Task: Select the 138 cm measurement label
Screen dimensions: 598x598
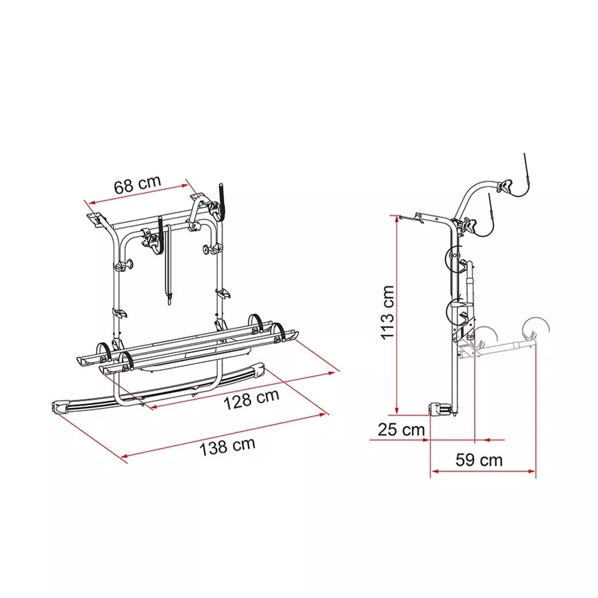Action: (227, 447)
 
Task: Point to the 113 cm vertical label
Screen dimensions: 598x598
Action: (387, 312)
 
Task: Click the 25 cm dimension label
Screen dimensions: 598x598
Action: (401, 430)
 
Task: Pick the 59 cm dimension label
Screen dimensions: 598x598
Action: (479, 460)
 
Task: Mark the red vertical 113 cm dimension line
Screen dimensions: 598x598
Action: (397, 315)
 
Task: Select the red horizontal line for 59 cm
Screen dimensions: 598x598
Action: (483, 471)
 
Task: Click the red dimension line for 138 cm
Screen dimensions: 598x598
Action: (224, 435)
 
